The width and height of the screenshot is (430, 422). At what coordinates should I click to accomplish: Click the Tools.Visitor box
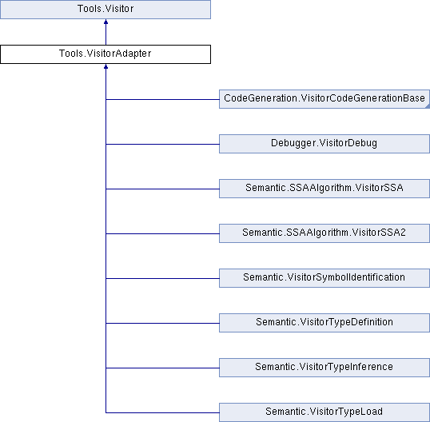[106, 10]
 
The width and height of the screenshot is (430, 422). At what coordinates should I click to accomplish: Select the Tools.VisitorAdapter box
[106, 54]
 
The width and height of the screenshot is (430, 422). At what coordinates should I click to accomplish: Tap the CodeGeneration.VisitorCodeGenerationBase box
[324, 99]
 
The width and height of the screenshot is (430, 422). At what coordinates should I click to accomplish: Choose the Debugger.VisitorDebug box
[324, 144]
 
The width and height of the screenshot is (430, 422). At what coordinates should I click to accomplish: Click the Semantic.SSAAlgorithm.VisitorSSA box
[324, 189]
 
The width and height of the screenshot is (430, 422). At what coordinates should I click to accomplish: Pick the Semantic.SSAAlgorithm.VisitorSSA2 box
[324, 233]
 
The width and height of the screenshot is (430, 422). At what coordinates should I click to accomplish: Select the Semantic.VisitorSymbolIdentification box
[324, 278]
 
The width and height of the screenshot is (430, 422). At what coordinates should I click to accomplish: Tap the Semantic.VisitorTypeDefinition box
[324, 323]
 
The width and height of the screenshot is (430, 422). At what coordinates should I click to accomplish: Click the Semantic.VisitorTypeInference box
[324, 368]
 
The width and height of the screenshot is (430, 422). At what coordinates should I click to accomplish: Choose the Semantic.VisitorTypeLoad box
[324, 412]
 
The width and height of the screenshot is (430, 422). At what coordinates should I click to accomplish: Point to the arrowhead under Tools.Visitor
[106, 22]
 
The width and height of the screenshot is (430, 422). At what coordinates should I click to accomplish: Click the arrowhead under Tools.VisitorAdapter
[106, 66]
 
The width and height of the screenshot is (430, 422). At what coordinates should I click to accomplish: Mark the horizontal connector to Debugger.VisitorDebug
[162, 144]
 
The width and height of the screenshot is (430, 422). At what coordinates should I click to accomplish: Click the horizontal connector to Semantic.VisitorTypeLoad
[162, 412]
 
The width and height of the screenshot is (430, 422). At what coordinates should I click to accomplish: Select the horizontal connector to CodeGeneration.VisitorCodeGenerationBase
[162, 99]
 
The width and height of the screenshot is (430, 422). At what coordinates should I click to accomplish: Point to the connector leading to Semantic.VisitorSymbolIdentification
[162, 278]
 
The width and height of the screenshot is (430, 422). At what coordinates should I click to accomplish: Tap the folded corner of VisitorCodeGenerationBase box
[428, 106]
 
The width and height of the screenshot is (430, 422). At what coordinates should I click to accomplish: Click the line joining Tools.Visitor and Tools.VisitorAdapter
[106, 32]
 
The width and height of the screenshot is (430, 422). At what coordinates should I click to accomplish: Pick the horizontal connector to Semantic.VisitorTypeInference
[162, 368]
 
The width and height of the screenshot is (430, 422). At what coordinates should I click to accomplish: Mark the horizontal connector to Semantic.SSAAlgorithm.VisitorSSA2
[162, 233]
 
